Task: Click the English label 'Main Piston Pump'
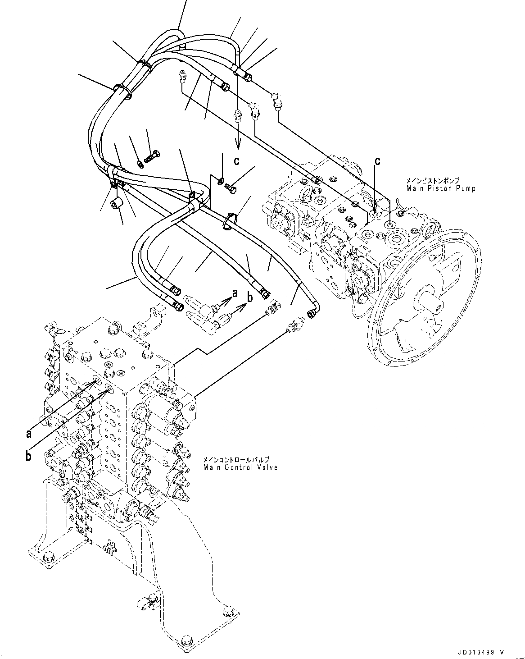440,188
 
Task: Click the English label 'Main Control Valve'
240,467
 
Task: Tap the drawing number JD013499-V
480,651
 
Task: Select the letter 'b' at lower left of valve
28,456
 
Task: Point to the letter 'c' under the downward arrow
236,160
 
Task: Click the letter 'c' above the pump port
378,161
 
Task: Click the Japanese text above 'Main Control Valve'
231,460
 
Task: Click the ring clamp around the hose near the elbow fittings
230,220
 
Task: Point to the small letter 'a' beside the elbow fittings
234,293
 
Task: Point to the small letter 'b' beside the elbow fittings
249,298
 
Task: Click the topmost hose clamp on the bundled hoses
143,64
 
